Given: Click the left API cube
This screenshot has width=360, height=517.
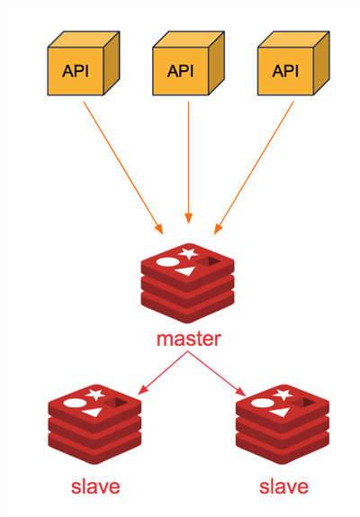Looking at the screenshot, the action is coord(84,63).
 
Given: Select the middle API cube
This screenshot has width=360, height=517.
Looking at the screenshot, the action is coord(188,63).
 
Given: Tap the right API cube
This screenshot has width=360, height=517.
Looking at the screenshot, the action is coord(293,63).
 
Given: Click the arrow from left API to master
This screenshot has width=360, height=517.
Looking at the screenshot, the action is coord(123,168).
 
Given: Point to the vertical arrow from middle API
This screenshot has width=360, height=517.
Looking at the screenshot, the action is coord(188,162).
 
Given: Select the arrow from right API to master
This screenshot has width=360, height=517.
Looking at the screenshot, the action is coord(254,168).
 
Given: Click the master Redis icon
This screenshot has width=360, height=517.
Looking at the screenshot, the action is coord(188,283).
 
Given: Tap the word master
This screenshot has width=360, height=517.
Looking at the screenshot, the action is coord(189,339).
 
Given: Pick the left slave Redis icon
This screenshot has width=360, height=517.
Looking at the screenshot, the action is coord(94,424).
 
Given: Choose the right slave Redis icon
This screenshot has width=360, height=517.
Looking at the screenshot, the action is coord(283,424).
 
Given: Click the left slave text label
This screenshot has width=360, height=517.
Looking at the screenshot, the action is coord(95,486).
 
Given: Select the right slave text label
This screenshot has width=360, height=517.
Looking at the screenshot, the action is coord(283,486).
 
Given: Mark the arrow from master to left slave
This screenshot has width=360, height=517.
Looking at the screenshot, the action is coord(163,373).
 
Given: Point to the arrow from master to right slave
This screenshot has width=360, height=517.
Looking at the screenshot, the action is coord(217,374).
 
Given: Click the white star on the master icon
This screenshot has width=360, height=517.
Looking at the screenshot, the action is coord(188,253).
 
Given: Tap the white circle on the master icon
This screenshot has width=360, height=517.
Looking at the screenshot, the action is coord(167,262).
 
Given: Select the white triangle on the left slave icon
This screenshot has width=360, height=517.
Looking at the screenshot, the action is coord(92,413).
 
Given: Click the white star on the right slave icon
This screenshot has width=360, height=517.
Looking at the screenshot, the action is coord(283,395).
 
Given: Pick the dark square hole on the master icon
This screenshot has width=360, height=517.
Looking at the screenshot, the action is coord(209,262).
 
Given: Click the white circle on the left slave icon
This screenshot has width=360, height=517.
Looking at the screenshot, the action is coord(75,403).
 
